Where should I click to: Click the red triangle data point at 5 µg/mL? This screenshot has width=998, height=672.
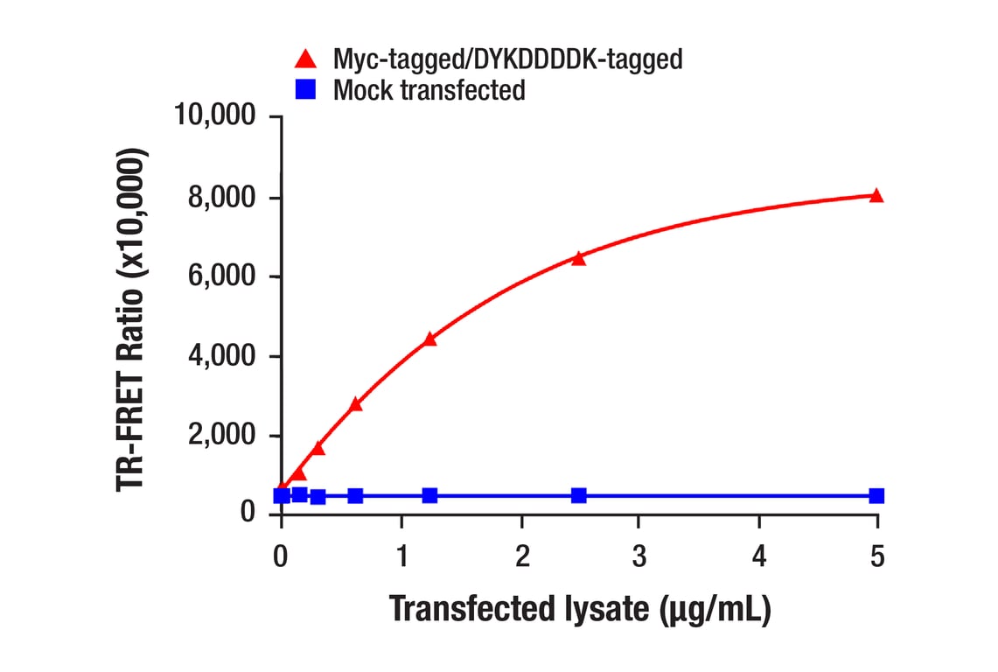click(x=876, y=195)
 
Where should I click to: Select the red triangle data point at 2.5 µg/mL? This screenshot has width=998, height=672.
click(x=578, y=258)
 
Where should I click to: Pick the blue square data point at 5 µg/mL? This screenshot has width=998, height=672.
click(x=876, y=495)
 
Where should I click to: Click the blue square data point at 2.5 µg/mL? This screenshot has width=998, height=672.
click(x=578, y=495)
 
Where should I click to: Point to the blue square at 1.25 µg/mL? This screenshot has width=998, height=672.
click(x=429, y=495)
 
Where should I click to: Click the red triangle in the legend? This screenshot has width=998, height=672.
click(x=305, y=59)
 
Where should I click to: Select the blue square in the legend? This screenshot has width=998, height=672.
click(x=305, y=89)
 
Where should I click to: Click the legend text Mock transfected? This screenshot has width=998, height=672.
click(x=429, y=89)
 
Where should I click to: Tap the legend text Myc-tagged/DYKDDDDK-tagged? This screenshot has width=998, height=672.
click(x=507, y=59)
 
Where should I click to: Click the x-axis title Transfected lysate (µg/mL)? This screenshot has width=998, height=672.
click(x=579, y=609)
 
